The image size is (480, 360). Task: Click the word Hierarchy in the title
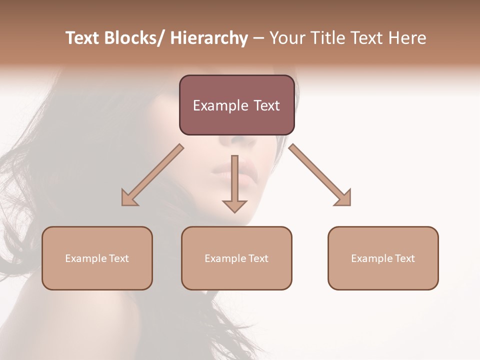[209, 38]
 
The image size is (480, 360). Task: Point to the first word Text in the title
[83, 38]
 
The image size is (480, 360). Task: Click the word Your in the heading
[286, 38]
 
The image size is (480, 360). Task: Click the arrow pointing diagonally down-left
[152, 175]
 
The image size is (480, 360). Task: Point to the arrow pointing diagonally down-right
[320, 175]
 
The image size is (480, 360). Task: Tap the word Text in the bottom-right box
[404, 258]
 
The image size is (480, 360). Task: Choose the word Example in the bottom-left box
[85, 258]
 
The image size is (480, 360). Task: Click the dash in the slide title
[258, 38]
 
